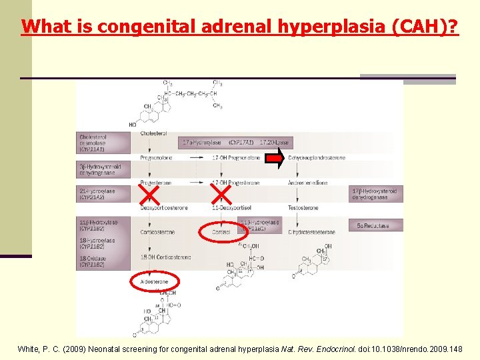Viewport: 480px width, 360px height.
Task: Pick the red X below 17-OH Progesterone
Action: point(221,194)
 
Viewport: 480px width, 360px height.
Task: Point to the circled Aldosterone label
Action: point(155,282)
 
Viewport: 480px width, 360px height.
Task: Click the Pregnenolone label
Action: point(155,158)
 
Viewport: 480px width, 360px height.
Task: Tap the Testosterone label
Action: point(303,208)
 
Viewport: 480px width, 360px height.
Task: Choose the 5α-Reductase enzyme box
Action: point(373,226)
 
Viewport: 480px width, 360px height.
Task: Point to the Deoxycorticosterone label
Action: point(164,208)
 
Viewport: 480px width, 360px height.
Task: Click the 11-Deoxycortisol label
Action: point(227,208)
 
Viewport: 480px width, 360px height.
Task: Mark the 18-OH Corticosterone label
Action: point(165,257)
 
